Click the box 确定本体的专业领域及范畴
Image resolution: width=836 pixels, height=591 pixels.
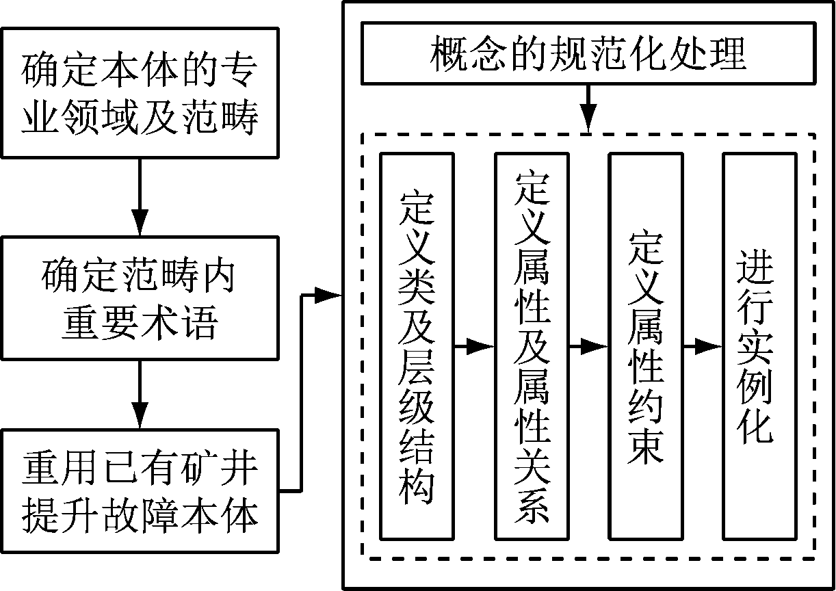pyautogui.click(x=140, y=92)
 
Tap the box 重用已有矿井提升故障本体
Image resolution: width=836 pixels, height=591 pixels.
pyautogui.click(x=140, y=491)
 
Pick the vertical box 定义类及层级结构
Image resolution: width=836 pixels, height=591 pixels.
pyautogui.click(x=417, y=345)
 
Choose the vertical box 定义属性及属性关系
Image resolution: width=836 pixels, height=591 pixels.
pyautogui.click(x=531, y=345)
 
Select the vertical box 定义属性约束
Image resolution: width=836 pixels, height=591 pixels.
pyautogui.click(x=645, y=345)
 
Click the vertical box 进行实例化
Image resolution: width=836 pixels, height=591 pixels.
pyautogui.click(x=759, y=345)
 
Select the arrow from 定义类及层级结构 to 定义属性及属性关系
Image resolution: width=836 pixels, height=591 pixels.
pyautogui.click(x=473, y=347)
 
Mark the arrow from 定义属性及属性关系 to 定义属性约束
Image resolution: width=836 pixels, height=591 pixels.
pyautogui.click(x=588, y=347)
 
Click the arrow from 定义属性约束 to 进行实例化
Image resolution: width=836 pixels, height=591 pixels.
pyautogui.click(x=702, y=347)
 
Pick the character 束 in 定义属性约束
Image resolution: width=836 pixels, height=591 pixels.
pyautogui.click(x=646, y=445)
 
